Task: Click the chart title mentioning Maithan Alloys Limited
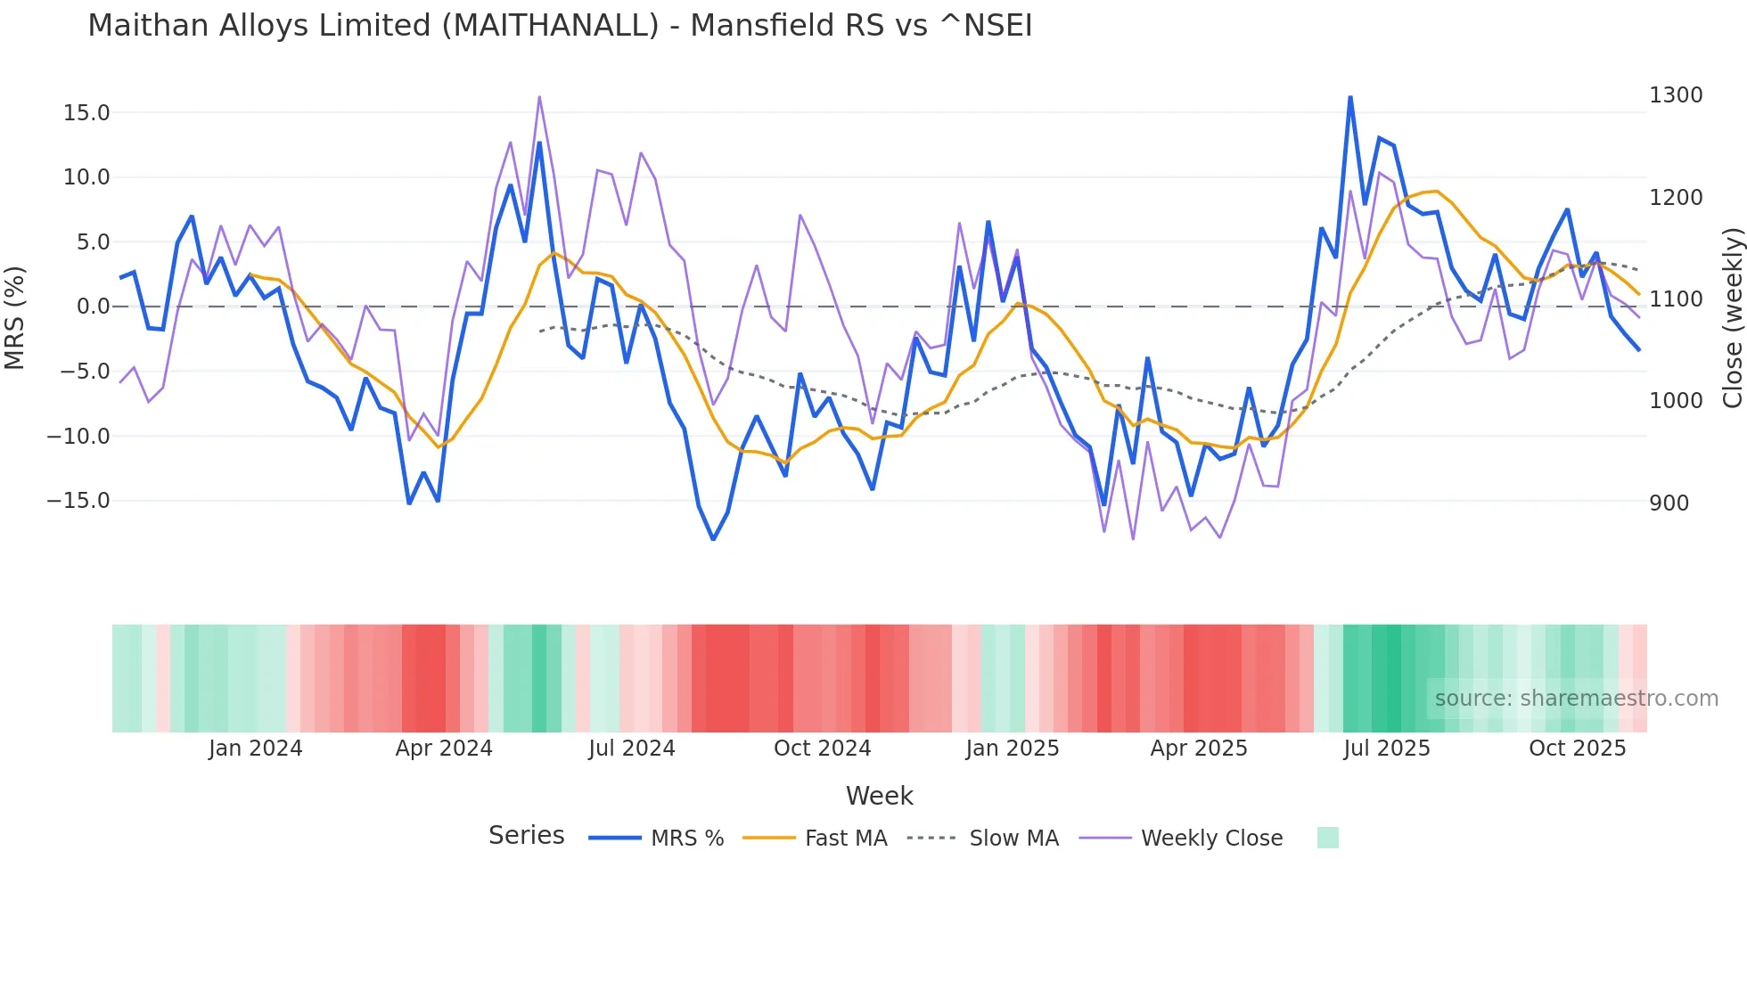pos(560,25)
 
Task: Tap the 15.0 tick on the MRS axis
pos(86,113)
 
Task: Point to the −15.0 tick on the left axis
pos(78,501)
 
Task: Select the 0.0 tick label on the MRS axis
pos(94,307)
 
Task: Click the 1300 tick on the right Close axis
pos(1676,95)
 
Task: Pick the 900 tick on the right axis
pos(1669,503)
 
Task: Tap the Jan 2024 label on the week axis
pos(256,749)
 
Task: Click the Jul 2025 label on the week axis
pos(1387,749)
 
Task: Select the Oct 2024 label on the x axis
pos(822,749)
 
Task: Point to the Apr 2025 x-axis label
pos(1199,749)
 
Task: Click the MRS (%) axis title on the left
pos(15,317)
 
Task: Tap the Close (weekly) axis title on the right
pos(1732,318)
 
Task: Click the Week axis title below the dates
pos(879,796)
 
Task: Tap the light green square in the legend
pos(1327,838)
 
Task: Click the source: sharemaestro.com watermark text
pos(1576,699)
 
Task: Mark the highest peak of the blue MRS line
pos(1350,97)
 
